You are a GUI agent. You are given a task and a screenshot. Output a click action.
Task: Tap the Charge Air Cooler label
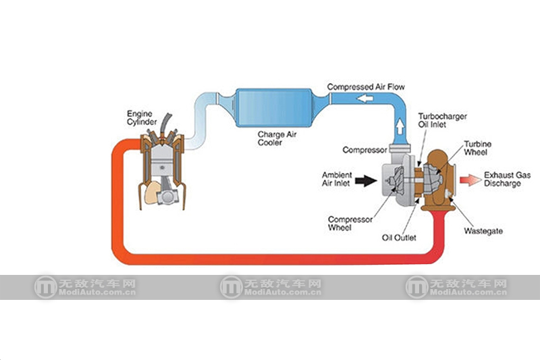pos(277,138)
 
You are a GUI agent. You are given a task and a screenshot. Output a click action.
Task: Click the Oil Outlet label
pos(399,237)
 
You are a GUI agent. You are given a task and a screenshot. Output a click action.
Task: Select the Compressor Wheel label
pos(346,224)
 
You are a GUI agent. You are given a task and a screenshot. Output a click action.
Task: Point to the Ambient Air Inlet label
pos(336,179)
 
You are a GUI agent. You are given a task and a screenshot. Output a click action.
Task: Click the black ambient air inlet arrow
pos(364,180)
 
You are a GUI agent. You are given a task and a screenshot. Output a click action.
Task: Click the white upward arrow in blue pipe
pos(399,126)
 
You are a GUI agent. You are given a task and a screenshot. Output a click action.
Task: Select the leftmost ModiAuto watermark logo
pos(46,287)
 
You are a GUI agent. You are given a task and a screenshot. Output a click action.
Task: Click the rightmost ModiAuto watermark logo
pos(416,287)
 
